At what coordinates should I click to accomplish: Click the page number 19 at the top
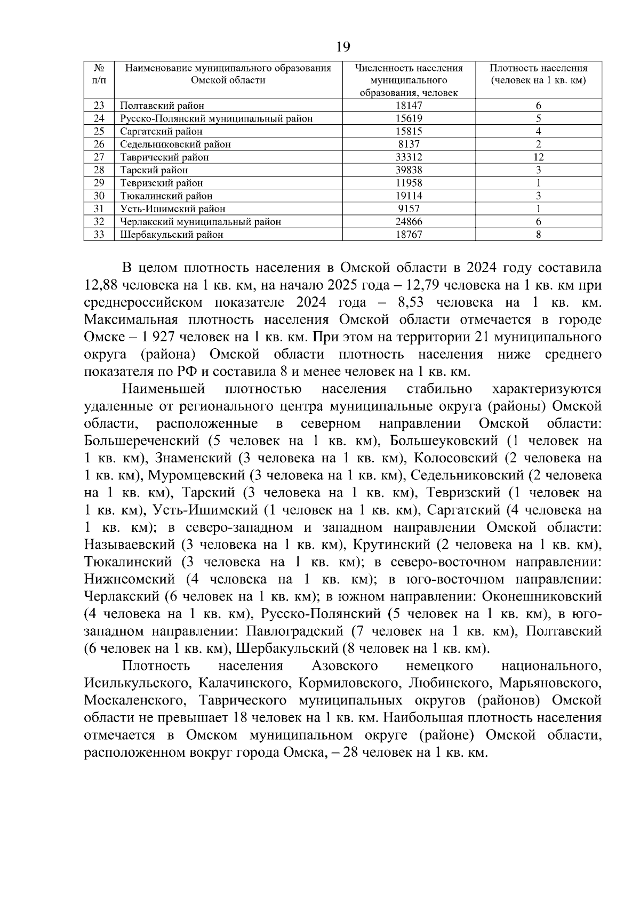click(x=343, y=47)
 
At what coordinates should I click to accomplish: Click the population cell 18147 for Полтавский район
click(x=409, y=106)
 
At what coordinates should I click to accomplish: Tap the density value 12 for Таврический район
click(x=538, y=157)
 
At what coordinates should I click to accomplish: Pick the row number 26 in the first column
click(x=99, y=144)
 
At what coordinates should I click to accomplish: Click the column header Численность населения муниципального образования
click(x=409, y=80)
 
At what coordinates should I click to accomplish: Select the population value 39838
click(x=409, y=170)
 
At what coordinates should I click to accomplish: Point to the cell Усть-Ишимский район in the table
click(x=172, y=209)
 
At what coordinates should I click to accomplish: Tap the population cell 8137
click(x=409, y=144)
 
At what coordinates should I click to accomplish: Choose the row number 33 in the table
click(x=99, y=235)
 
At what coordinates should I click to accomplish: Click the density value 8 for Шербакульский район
click(x=538, y=235)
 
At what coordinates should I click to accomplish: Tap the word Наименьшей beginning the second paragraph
click(x=163, y=389)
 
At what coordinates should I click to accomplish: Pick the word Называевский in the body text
click(x=130, y=545)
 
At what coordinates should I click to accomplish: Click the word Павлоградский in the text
click(x=294, y=631)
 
